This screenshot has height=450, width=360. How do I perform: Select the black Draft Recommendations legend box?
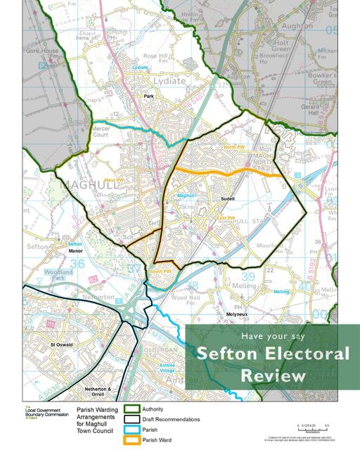[131, 419]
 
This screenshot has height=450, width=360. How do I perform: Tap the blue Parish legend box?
[131, 430]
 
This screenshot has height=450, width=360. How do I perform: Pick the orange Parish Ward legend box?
[131, 440]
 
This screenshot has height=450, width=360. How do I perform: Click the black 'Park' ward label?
[148, 96]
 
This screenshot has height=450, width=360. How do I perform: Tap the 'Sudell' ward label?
[226, 199]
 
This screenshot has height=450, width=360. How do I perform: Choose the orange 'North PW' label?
[233, 147]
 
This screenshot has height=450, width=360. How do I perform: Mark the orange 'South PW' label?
[160, 271]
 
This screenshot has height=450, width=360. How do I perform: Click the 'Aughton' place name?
[297, 25]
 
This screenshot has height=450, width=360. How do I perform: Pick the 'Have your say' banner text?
[272, 336]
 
